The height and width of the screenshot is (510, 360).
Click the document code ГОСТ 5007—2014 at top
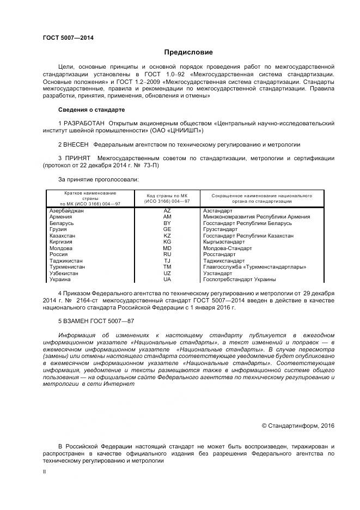69,38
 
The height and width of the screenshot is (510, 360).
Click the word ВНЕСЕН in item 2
77,144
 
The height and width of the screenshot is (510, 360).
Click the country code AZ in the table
167,210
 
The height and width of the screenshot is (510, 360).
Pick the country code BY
167,223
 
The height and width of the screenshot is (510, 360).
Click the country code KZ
167,235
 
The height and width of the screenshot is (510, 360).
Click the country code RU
167,254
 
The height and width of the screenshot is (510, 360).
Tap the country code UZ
167,273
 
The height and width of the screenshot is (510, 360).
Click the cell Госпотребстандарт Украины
239,280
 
